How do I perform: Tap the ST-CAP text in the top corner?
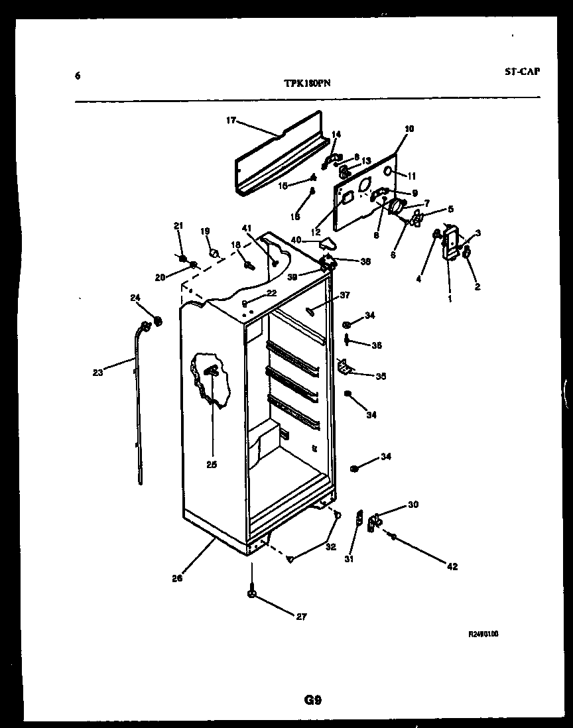521,72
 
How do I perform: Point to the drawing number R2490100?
483,634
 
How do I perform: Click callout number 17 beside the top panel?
231,121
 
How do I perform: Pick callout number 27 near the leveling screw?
301,617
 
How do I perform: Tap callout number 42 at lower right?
452,567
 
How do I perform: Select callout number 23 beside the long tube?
98,372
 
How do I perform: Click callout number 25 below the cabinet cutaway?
212,464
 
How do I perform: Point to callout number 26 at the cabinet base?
177,577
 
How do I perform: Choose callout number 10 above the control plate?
409,129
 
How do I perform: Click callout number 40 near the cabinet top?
296,239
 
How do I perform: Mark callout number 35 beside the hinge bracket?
380,377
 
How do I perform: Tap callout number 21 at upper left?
178,227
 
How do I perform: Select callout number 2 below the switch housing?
477,287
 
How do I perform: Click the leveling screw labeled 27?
252,593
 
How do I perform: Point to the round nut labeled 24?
158,322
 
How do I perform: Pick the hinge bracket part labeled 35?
344,365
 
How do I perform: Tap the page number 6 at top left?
78,76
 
